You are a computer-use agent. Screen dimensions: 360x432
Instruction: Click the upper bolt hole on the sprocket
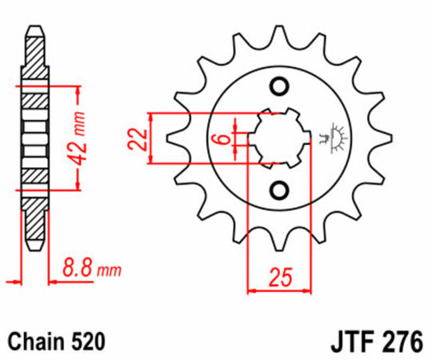coord(279,86)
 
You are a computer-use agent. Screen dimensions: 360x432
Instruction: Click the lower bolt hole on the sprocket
coord(279,190)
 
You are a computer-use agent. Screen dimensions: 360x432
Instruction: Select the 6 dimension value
coord(226,138)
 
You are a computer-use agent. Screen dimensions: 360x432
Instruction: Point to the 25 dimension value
coord(280,279)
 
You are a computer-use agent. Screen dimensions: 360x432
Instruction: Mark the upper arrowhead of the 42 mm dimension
coord(77,84)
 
